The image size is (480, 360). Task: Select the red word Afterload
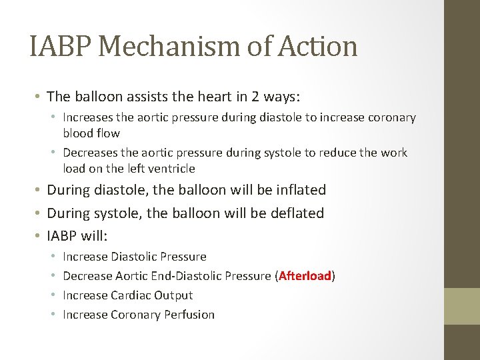(305, 276)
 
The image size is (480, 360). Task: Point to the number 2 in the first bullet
(255, 97)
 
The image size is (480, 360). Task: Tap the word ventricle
(170, 169)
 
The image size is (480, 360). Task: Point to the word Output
(173, 295)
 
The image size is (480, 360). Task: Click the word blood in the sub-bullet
(77, 133)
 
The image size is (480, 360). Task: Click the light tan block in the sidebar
(462, 305)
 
